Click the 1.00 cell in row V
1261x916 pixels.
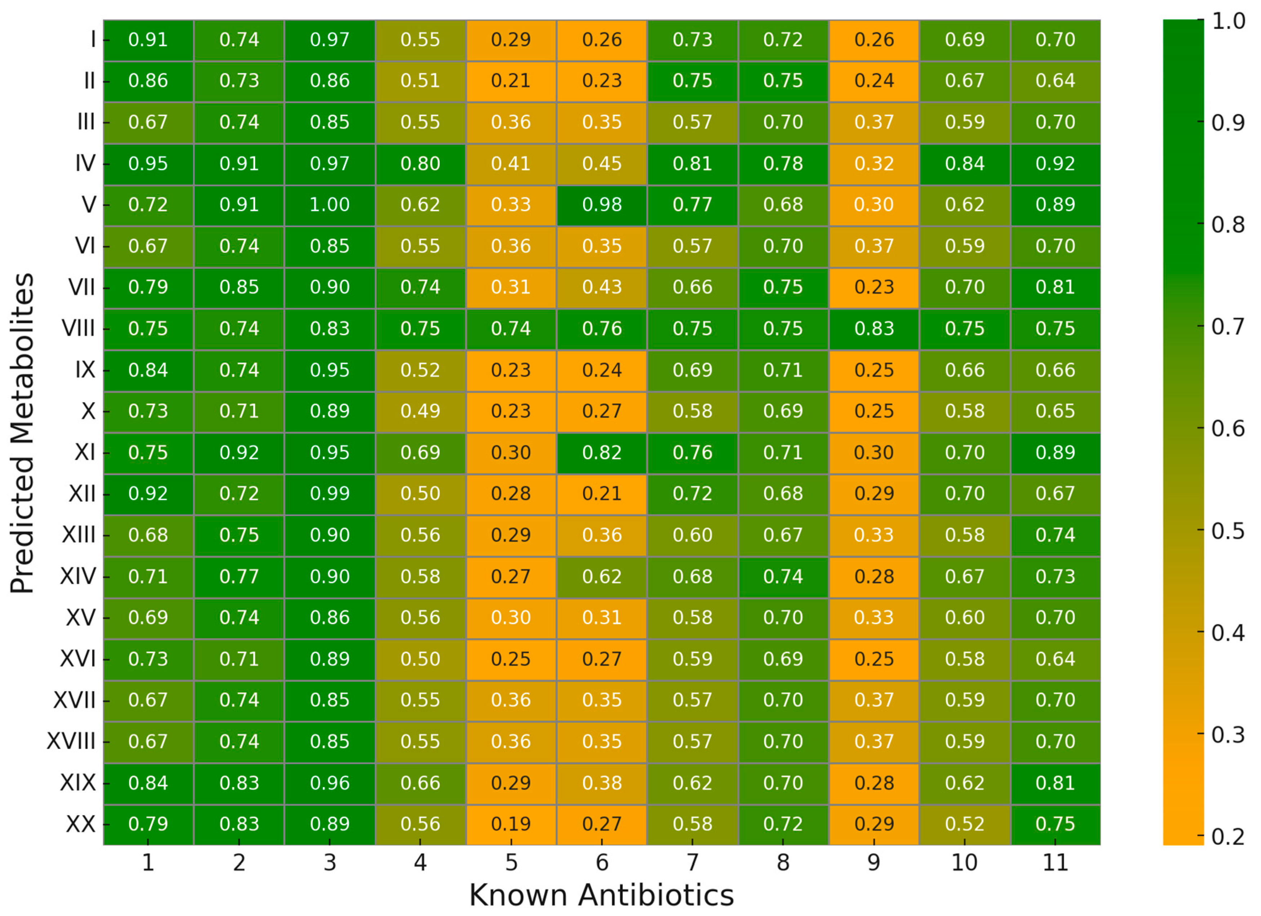coord(330,205)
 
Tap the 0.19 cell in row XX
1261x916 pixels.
coord(511,824)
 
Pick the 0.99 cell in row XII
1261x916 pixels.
coord(330,494)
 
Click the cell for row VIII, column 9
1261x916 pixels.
coord(874,329)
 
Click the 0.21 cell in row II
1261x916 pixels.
coord(511,81)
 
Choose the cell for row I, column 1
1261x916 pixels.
coord(148,40)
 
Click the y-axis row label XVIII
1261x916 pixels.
coord(71,742)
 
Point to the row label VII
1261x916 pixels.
coord(82,287)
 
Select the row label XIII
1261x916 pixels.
coord(79,535)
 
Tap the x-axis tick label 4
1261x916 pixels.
coord(420,863)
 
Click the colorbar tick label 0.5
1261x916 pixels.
coord(1227,531)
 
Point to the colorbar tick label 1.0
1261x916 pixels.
coord(1227,21)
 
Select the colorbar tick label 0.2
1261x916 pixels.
coord(1227,836)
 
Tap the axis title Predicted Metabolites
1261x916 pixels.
coord(22,433)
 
